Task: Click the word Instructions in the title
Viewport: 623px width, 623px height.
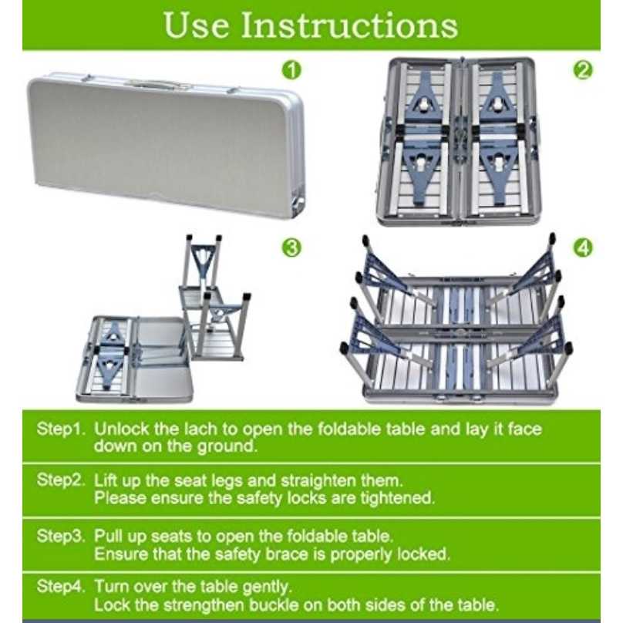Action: coord(349,25)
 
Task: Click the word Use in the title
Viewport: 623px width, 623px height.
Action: coord(197,25)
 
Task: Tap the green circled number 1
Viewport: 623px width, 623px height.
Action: coord(291,70)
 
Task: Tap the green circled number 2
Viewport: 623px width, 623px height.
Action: coord(582,70)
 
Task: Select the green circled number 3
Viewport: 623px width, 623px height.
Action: coord(291,248)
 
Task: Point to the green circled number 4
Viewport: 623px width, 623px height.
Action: coord(582,248)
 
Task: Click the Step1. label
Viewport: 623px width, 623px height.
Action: coord(61,429)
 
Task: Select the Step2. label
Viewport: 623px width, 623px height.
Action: coord(61,480)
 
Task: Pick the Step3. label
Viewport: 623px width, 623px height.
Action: coord(61,536)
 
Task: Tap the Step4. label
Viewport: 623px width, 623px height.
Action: coord(61,587)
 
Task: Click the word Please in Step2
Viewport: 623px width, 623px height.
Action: coord(120,497)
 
